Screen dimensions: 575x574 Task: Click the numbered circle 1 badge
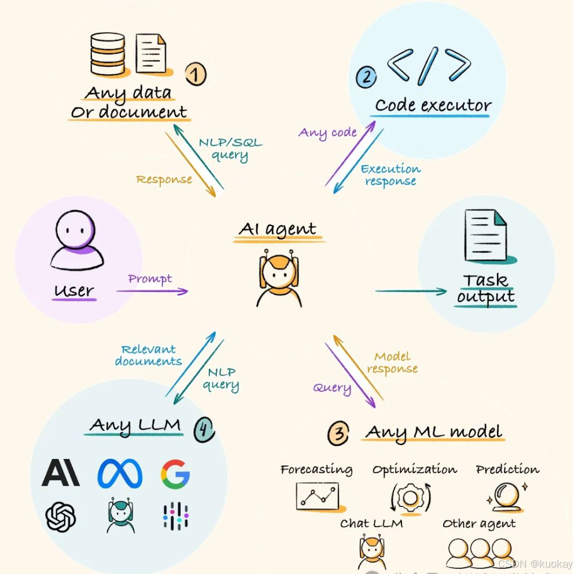(196, 75)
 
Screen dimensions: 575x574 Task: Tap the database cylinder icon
(109, 53)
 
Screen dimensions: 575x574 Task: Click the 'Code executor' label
(433, 106)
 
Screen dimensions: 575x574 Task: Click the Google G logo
(175, 473)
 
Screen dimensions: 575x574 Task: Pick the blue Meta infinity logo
(120, 473)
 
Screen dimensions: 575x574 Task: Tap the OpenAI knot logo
(61, 516)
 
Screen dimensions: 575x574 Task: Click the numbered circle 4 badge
(204, 429)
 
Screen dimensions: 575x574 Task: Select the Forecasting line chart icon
(317, 496)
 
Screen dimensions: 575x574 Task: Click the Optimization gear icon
(410, 497)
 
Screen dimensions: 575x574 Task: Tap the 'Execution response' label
(390, 175)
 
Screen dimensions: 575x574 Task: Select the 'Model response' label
(392, 362)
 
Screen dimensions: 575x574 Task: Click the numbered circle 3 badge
(338, 434)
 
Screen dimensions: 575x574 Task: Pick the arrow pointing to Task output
(411, 291)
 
